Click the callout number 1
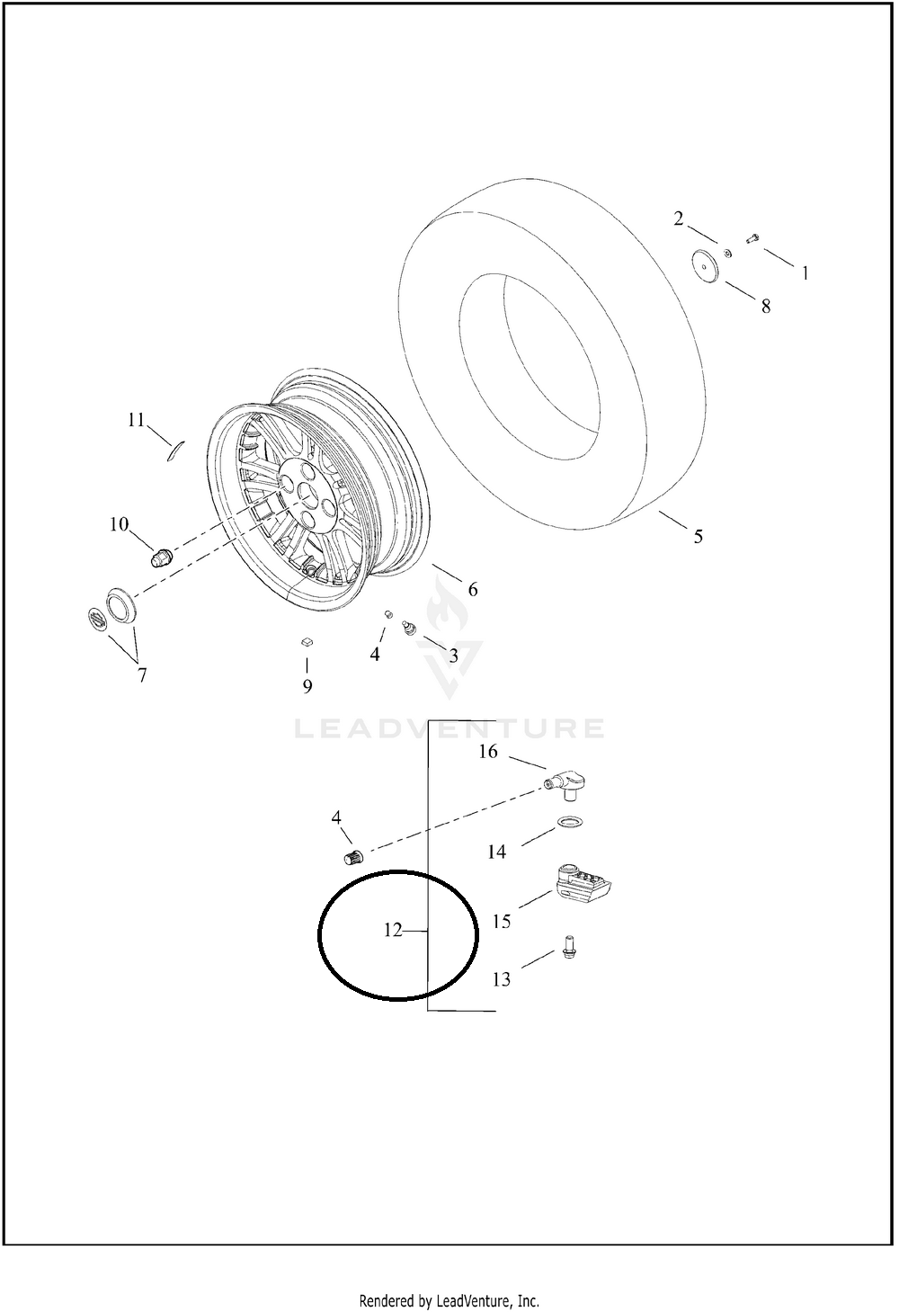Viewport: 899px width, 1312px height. [806, 273]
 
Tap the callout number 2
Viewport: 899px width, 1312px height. [678, 219]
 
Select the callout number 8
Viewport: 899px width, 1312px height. [765, 307]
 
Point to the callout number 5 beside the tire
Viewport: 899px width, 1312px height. [699, 537]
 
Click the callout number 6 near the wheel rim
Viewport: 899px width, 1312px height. [473, 589]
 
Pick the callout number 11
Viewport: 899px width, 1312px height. [136, 420]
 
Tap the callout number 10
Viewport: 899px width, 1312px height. [119, 524]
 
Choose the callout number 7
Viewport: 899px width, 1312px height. [142, 675]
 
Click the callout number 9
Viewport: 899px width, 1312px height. [307, 686]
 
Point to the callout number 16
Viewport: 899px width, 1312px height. [488, 752]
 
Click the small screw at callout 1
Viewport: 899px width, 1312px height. [752, 238]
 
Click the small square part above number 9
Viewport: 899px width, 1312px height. [307, 643]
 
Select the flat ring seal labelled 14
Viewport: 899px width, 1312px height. [569, 822]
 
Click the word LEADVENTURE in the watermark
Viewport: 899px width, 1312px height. [449, 728]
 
